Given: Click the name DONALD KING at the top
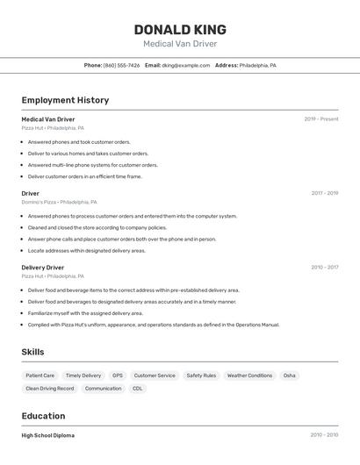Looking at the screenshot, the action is click(x=180, y=29).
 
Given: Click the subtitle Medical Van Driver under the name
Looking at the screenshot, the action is click(x=180, y=44).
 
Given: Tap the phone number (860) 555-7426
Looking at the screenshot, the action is click(x=121, y=65).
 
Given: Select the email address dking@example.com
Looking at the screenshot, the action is click(x=185, y=65).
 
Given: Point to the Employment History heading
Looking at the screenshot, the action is click(x=65, y=100).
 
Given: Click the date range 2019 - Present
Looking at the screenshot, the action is click(x=321, y=119).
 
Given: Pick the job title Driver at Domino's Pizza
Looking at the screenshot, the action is click(x=31, y=193).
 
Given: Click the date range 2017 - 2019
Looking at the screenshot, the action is click(x=325, y=193).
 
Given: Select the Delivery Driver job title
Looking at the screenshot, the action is click(x=43, y=268).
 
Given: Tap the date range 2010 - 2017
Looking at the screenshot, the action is click(x=325, y=268).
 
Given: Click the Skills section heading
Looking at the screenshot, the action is click(x=32, y=352).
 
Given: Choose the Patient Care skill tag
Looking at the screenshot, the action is click(x=40, y=376).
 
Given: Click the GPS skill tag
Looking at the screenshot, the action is click(x=118, y=376).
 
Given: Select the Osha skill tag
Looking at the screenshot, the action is click(x=289, y=376).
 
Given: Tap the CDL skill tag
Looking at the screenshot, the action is click(x=137, y=388).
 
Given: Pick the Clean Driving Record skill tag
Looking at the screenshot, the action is click(x=49, y=388).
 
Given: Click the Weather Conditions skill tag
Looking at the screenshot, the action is click(x=249, y=376).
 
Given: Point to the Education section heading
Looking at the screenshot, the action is click(x=43, y=416).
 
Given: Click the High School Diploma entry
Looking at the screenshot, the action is click(x=48, y=435).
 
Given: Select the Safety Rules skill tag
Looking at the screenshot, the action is click(x=201, y=376).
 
